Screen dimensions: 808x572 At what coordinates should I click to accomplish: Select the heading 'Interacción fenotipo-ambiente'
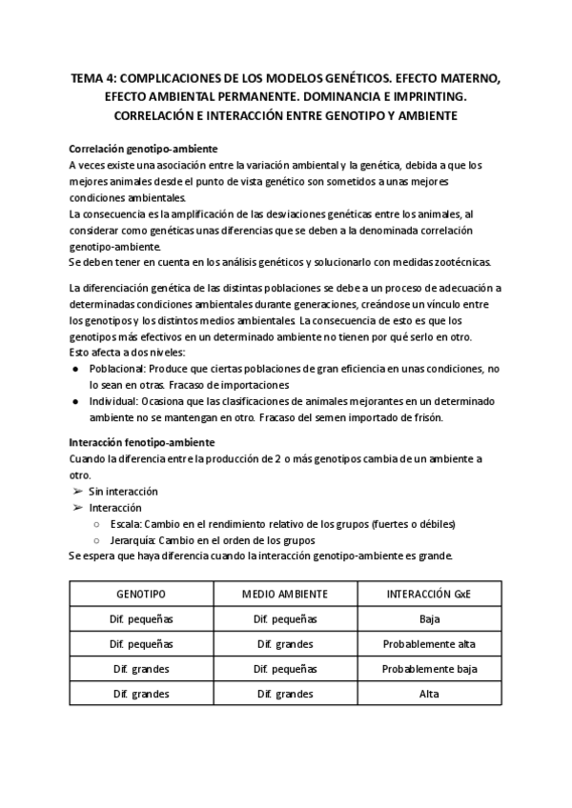click(142, 442)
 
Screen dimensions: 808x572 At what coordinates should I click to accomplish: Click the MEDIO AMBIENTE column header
click(285, 593)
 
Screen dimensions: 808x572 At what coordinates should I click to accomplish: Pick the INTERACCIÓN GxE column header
click(429, 593)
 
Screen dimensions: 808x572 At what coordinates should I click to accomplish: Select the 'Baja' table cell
click(429, 618)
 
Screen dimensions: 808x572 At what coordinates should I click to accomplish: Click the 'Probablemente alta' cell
click(429, 643)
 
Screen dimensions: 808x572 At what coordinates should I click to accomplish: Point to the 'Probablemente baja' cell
click(429, 668)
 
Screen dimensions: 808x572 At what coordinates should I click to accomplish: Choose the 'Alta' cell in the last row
click(429, 693)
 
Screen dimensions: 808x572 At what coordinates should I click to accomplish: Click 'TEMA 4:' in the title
click(96, 81)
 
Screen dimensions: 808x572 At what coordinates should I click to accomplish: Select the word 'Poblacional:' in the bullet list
click(119, 367)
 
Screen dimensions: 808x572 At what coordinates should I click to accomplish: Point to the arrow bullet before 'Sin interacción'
click(76, 492)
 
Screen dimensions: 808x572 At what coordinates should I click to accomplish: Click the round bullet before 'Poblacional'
click(75, 368)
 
